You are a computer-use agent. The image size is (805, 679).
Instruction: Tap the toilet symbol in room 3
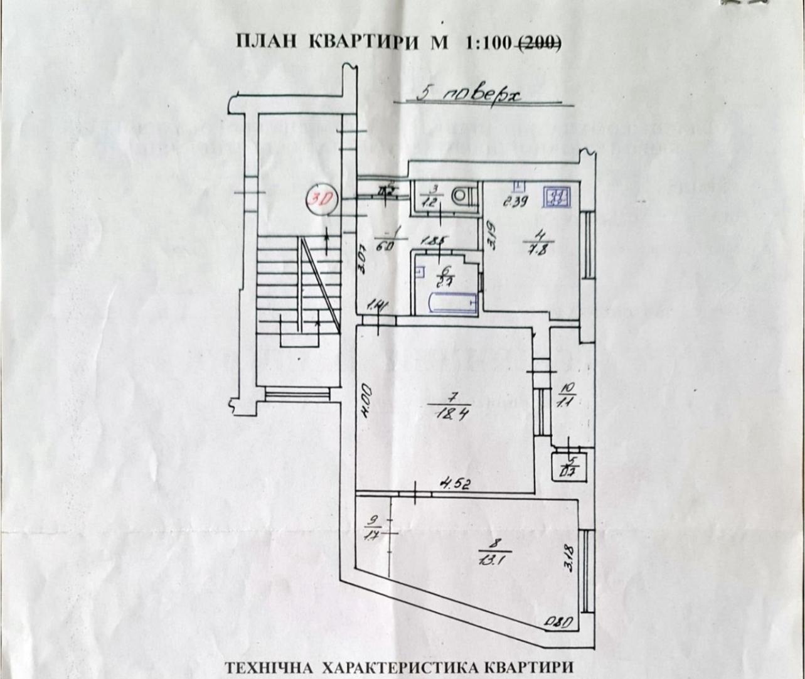[461, 196]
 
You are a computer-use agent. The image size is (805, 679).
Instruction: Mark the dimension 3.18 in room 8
[569, 557]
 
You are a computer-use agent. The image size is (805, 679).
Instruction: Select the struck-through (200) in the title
[538, 42]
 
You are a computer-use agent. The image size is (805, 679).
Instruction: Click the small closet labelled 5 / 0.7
[570, 465]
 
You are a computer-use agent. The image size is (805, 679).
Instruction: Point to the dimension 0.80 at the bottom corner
[558, 623]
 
